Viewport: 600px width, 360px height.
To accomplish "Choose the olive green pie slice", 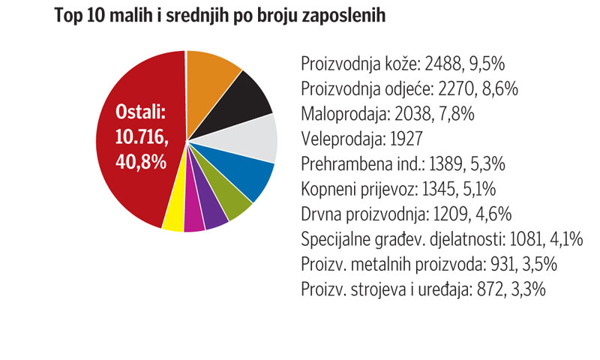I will (x=232, y=203).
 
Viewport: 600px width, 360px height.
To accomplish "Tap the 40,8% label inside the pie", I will (x=141, y=161).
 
